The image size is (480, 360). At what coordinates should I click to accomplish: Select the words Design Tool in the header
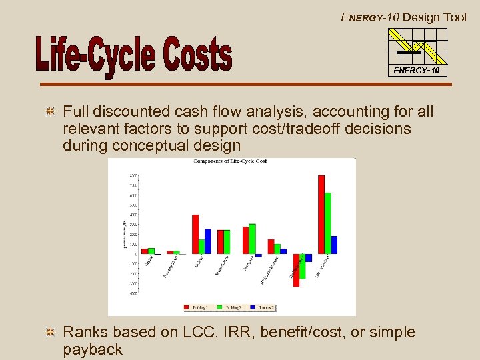pos(435,17)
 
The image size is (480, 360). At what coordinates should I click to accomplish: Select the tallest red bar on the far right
pos(321,213)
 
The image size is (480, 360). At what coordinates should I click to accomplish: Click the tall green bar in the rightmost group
pos(328,223)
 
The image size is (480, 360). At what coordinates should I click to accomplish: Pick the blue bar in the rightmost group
pos(334,244)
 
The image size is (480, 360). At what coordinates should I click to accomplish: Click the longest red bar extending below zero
pos(296,269)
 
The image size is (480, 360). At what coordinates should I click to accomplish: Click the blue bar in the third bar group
pos(208,241)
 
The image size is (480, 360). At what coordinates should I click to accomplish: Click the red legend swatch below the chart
pos(187,308)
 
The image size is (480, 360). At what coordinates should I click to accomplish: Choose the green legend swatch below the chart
pos(219,308)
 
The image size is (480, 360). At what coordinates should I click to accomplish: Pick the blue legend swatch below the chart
pos(251,308)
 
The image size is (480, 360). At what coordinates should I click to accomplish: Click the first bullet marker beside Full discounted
pos(49,111)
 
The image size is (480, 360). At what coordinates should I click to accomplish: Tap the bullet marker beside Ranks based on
pos(49,332)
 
